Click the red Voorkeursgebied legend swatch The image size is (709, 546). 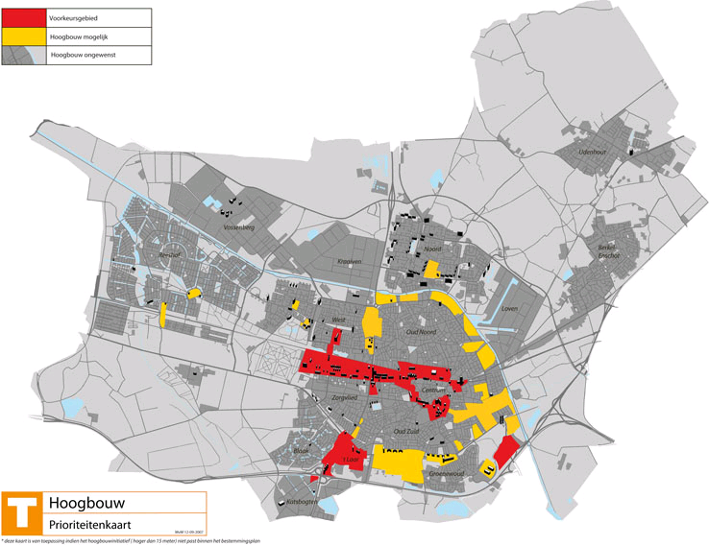[23, 17]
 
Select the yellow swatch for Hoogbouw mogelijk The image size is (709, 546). [23, 36]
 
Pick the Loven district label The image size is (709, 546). [509, 309]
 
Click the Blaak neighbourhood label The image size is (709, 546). [299, 450]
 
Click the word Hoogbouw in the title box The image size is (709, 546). [86, 503]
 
